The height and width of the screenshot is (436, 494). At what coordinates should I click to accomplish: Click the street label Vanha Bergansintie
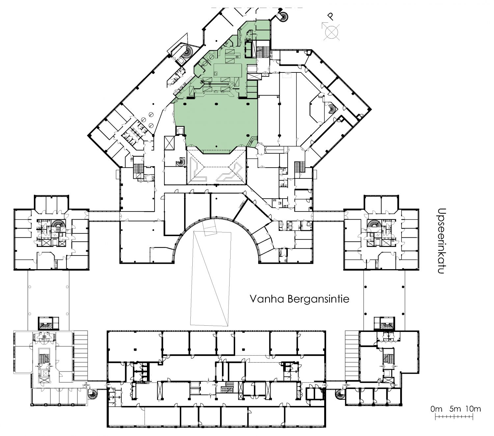[x=299, y=299]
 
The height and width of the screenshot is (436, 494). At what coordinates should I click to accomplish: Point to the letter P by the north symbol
[x=331, y=16]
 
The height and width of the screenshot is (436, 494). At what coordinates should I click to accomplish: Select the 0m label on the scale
[x=436, y=409]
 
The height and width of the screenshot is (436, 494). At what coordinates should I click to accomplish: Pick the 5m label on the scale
[x=455, y=409]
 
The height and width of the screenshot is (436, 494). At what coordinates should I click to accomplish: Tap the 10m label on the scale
[x=473, y=409]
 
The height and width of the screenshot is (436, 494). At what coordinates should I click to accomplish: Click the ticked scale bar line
[x=454, y=417]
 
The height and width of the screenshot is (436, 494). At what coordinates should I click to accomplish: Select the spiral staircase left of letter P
[x=283, y=17]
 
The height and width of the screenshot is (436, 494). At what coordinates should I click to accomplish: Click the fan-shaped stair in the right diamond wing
[x=332, y=109]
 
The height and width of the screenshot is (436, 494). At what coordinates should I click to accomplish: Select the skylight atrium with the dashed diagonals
[x=216, y=167]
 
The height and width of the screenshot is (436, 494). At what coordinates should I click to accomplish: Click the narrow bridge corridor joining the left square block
[x=104, y=216]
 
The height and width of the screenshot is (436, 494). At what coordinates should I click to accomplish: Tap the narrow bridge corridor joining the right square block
[x=328, y=216]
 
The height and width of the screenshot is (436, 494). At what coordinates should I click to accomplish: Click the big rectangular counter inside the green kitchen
[x=228, y=70]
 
